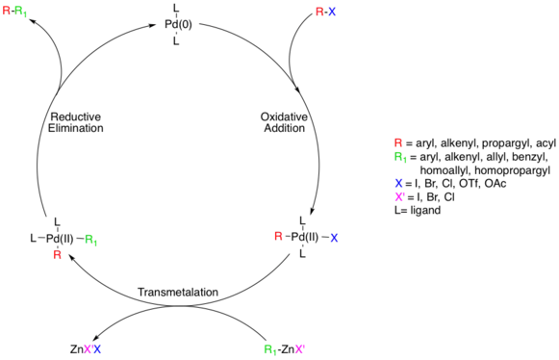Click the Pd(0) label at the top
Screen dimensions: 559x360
pos(178,25)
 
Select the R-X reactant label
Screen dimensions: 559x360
pos(326,13)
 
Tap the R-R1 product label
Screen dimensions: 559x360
pos(14,11)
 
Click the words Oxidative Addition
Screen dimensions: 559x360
pos(284,122)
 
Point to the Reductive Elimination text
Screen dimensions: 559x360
pos(76,122)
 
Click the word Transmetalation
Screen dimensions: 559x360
pos(178,293)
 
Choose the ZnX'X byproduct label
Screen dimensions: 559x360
pos(86,349)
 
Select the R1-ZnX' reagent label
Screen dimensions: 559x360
pos(285,349)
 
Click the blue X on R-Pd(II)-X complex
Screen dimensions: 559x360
pos(334,238)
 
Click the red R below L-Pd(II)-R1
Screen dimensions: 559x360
pos(57,255)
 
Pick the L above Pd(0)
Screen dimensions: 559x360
pos(176,8)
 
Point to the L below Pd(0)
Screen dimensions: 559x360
pos(176,41)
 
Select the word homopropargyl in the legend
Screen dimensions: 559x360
pos(512,170)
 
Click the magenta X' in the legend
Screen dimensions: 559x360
pos(399,196)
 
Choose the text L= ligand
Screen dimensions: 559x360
pos(418,210)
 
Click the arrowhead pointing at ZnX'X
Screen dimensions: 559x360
pos(96,338)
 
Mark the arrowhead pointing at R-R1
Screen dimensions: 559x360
pos(33,21)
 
